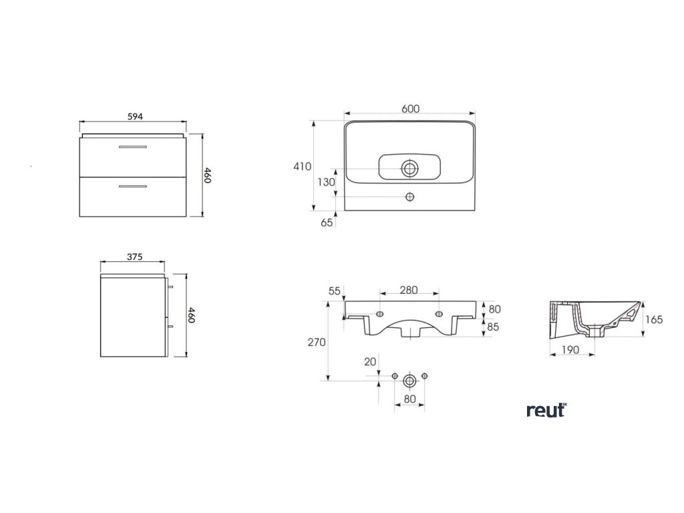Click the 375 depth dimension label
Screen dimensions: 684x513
coord(134,256)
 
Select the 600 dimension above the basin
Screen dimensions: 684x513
coord(411,110)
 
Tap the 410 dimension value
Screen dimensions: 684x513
coord(302,166)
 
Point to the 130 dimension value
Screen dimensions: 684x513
coord(326,182)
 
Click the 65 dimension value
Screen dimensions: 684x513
coord(327,223)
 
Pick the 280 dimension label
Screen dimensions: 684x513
coord(409,290)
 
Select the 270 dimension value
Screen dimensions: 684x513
coord(317,342)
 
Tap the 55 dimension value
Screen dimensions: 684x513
coord(335,291)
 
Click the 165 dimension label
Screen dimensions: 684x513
coord(654,320)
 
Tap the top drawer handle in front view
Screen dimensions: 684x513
coord(133,146)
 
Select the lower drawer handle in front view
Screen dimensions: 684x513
coord(133,186)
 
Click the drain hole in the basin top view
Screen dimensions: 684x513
coord(410,167)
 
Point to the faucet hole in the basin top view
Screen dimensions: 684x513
coord(410,197)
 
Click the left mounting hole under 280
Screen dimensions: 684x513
coord(380,314)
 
